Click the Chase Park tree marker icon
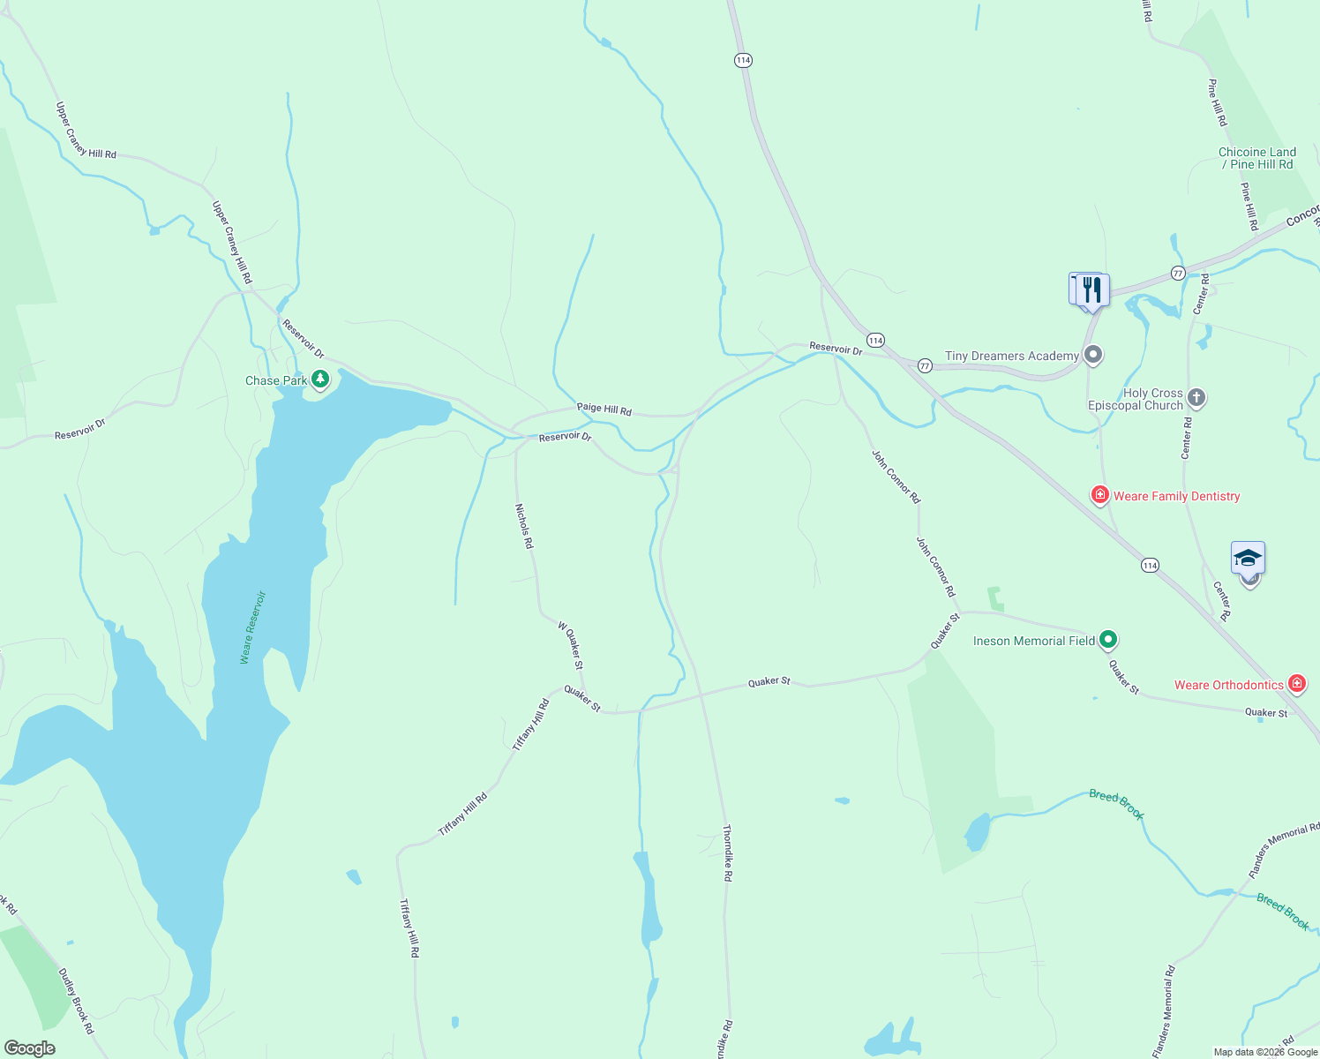pyautogui.click(x=320, y=379)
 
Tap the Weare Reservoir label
pyautogui.click(x=252, y=627)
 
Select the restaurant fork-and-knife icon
pyautogui.click(x=1092, y=289)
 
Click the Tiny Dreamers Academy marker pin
pyautogui.click(x=1093, y=356)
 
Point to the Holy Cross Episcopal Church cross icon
pyautogui.click(x=1196, y=397)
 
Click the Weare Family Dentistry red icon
pyautogui.click(x=1099, y=495)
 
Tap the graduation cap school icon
pyautogui.click(x=1248, y=559)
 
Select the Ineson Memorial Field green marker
pyautogui.click(x=1108, y=640)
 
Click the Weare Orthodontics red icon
pyautogui.click(x=1296, y=684)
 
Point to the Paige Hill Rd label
pyautogui.click(x=604, y=409)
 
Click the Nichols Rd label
pyautogui.click(x=524, y=527)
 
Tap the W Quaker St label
pyautogui.click(x=570, y=645)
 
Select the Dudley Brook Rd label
pyautogui.click(x=76, y=1001)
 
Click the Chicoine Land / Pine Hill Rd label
pyautogui.click(x=1257, y=158)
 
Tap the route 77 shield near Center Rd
pyautogui.click(x=1178, y=274)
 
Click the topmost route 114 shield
pyautogui.click(x=743, y=60)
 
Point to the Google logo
pyautogui.click(x=30, y=1048)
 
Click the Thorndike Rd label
pyautogui.click(x=727, y=853)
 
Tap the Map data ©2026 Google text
pyautogui.click(x=1265, y=1052)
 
